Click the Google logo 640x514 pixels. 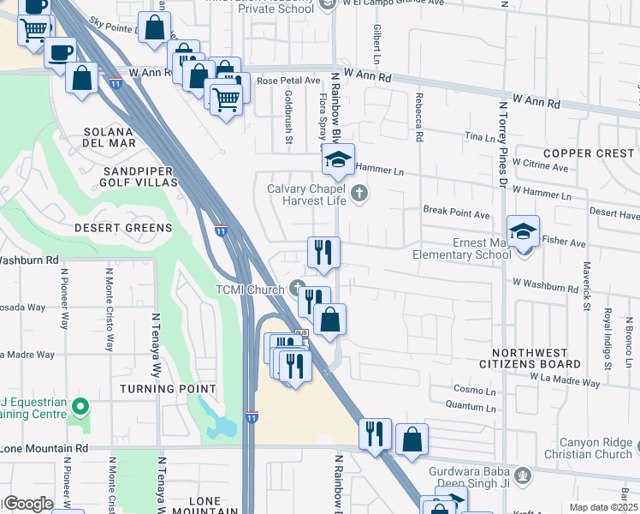click(x=27, y=504)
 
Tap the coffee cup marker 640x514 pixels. click(x=59, y=52)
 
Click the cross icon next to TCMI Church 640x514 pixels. click(x=297, y=287)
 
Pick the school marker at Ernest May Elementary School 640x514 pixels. click(x=523, y=230)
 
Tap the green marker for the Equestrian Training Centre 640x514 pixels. click(x=80, y=405)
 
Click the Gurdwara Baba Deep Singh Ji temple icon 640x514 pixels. click(x=521, y=473)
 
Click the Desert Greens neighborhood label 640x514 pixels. click(x=122, y=228)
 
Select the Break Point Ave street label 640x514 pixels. click(x=456, y=210)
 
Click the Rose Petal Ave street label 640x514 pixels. click(x=288, y=81)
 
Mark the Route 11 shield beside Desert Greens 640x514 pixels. click(x=221, y=231)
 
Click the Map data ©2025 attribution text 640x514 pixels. click(x=602, y=507)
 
